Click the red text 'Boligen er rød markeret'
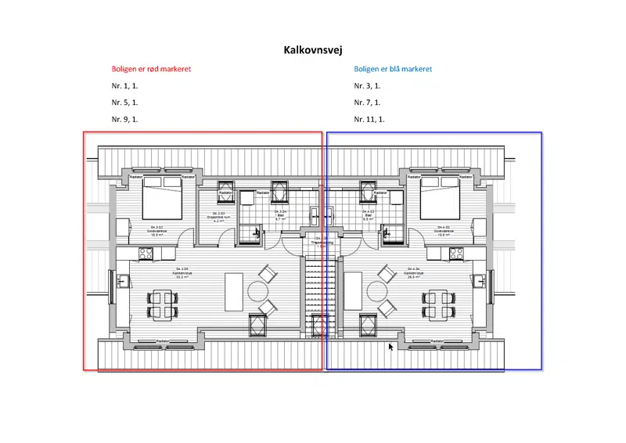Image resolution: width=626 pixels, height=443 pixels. [x=151, y=69]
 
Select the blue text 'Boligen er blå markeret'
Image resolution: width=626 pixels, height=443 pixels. [x=393, y=69]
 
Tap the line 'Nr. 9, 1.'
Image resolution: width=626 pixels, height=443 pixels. [x=124, y=120]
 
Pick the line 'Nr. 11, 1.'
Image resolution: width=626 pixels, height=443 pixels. [x=369, y=120]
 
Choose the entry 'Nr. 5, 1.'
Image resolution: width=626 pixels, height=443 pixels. [x=124, y=103]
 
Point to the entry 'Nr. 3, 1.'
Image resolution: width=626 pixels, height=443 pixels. [x=366, y=86]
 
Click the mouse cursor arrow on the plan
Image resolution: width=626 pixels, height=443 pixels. [x=391, y=347]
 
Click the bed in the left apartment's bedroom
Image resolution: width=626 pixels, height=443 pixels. [x=162, y=198]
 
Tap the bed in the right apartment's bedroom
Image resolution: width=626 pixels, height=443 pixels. [x=441, y=198]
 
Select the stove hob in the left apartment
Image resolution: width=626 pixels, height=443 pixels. [x=145, y=253]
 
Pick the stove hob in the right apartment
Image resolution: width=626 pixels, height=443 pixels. [x=455, y=253]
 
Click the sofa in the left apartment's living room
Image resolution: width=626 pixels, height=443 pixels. [x=235, y=292]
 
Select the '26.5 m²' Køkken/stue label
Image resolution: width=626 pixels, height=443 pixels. [x=413, y=276]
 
